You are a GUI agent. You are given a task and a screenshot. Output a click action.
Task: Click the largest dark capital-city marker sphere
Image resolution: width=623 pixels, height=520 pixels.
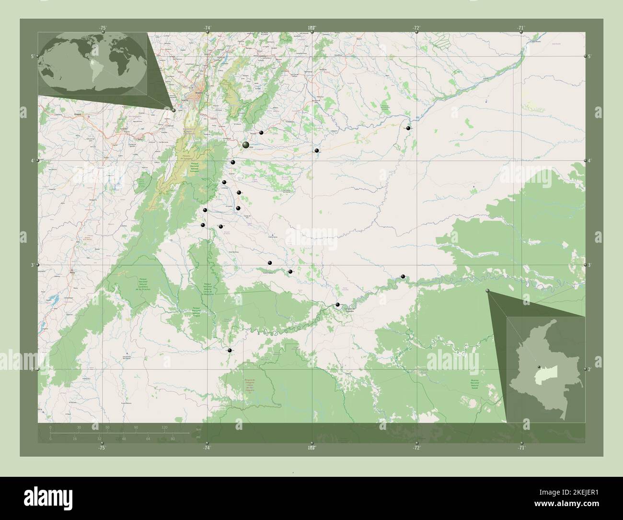pyautogui.click(x=245, y=144)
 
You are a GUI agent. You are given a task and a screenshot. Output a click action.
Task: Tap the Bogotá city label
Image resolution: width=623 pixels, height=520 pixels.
pyautogui.click(x=198, y=93)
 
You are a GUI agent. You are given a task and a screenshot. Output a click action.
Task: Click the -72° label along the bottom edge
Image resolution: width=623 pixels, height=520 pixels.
pyautogui.click(x=416, y=448)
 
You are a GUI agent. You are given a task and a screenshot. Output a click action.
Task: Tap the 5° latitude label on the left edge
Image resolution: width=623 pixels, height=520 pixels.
pyautogui.click(x=32, y=57)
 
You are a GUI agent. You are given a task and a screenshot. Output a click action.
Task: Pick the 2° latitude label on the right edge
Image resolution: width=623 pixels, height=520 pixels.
pyautogui.click(x=590, y=369)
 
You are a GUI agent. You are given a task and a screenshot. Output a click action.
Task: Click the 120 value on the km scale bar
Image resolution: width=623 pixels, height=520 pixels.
pyautogui.click(x=164, y=427)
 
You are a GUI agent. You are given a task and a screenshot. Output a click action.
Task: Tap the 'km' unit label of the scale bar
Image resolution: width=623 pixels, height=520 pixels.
pyautogui.click(x=198, y=429)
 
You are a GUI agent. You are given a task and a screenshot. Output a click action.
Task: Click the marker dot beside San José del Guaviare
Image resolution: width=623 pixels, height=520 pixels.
pyautogui.click(x=338, y=305)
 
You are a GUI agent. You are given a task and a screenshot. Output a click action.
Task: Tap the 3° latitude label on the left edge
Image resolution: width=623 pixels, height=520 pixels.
pyautogui.click(x=32, y=265)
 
